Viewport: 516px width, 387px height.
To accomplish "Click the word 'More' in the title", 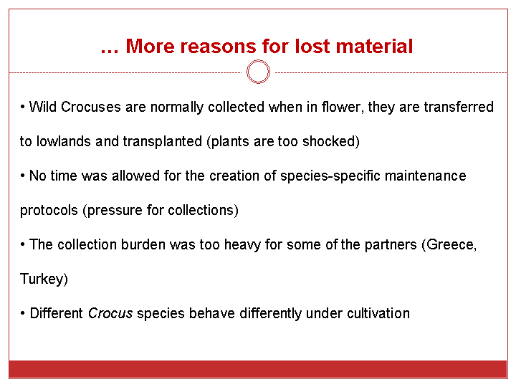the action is (149, 46).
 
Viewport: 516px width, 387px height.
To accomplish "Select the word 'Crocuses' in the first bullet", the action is (91, 107).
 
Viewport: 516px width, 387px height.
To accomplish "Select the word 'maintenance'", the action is (426, 176).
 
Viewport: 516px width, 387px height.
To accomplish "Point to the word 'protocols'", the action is (49, 211).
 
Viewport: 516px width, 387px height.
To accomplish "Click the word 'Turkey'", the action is (42, 279).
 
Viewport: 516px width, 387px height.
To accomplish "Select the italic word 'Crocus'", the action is (110, 313).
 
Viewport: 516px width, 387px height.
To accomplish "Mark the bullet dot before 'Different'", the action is (22, 313).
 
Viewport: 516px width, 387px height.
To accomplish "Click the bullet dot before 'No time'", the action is (22, 176).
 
